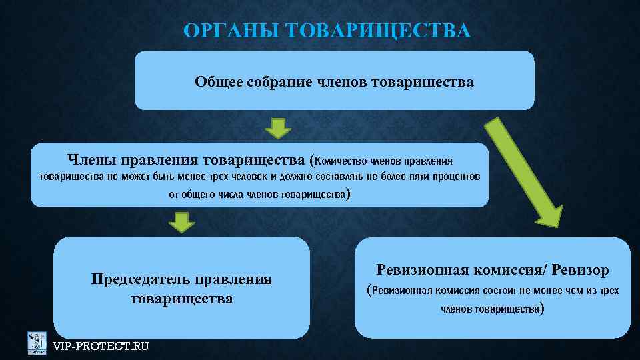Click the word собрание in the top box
[x=275, y=82]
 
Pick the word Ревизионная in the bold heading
[x=422, y=270]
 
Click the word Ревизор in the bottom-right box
[x=581, y=270]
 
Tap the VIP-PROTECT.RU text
[x=101, y=345]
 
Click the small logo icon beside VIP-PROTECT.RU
[x=37, y=343]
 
